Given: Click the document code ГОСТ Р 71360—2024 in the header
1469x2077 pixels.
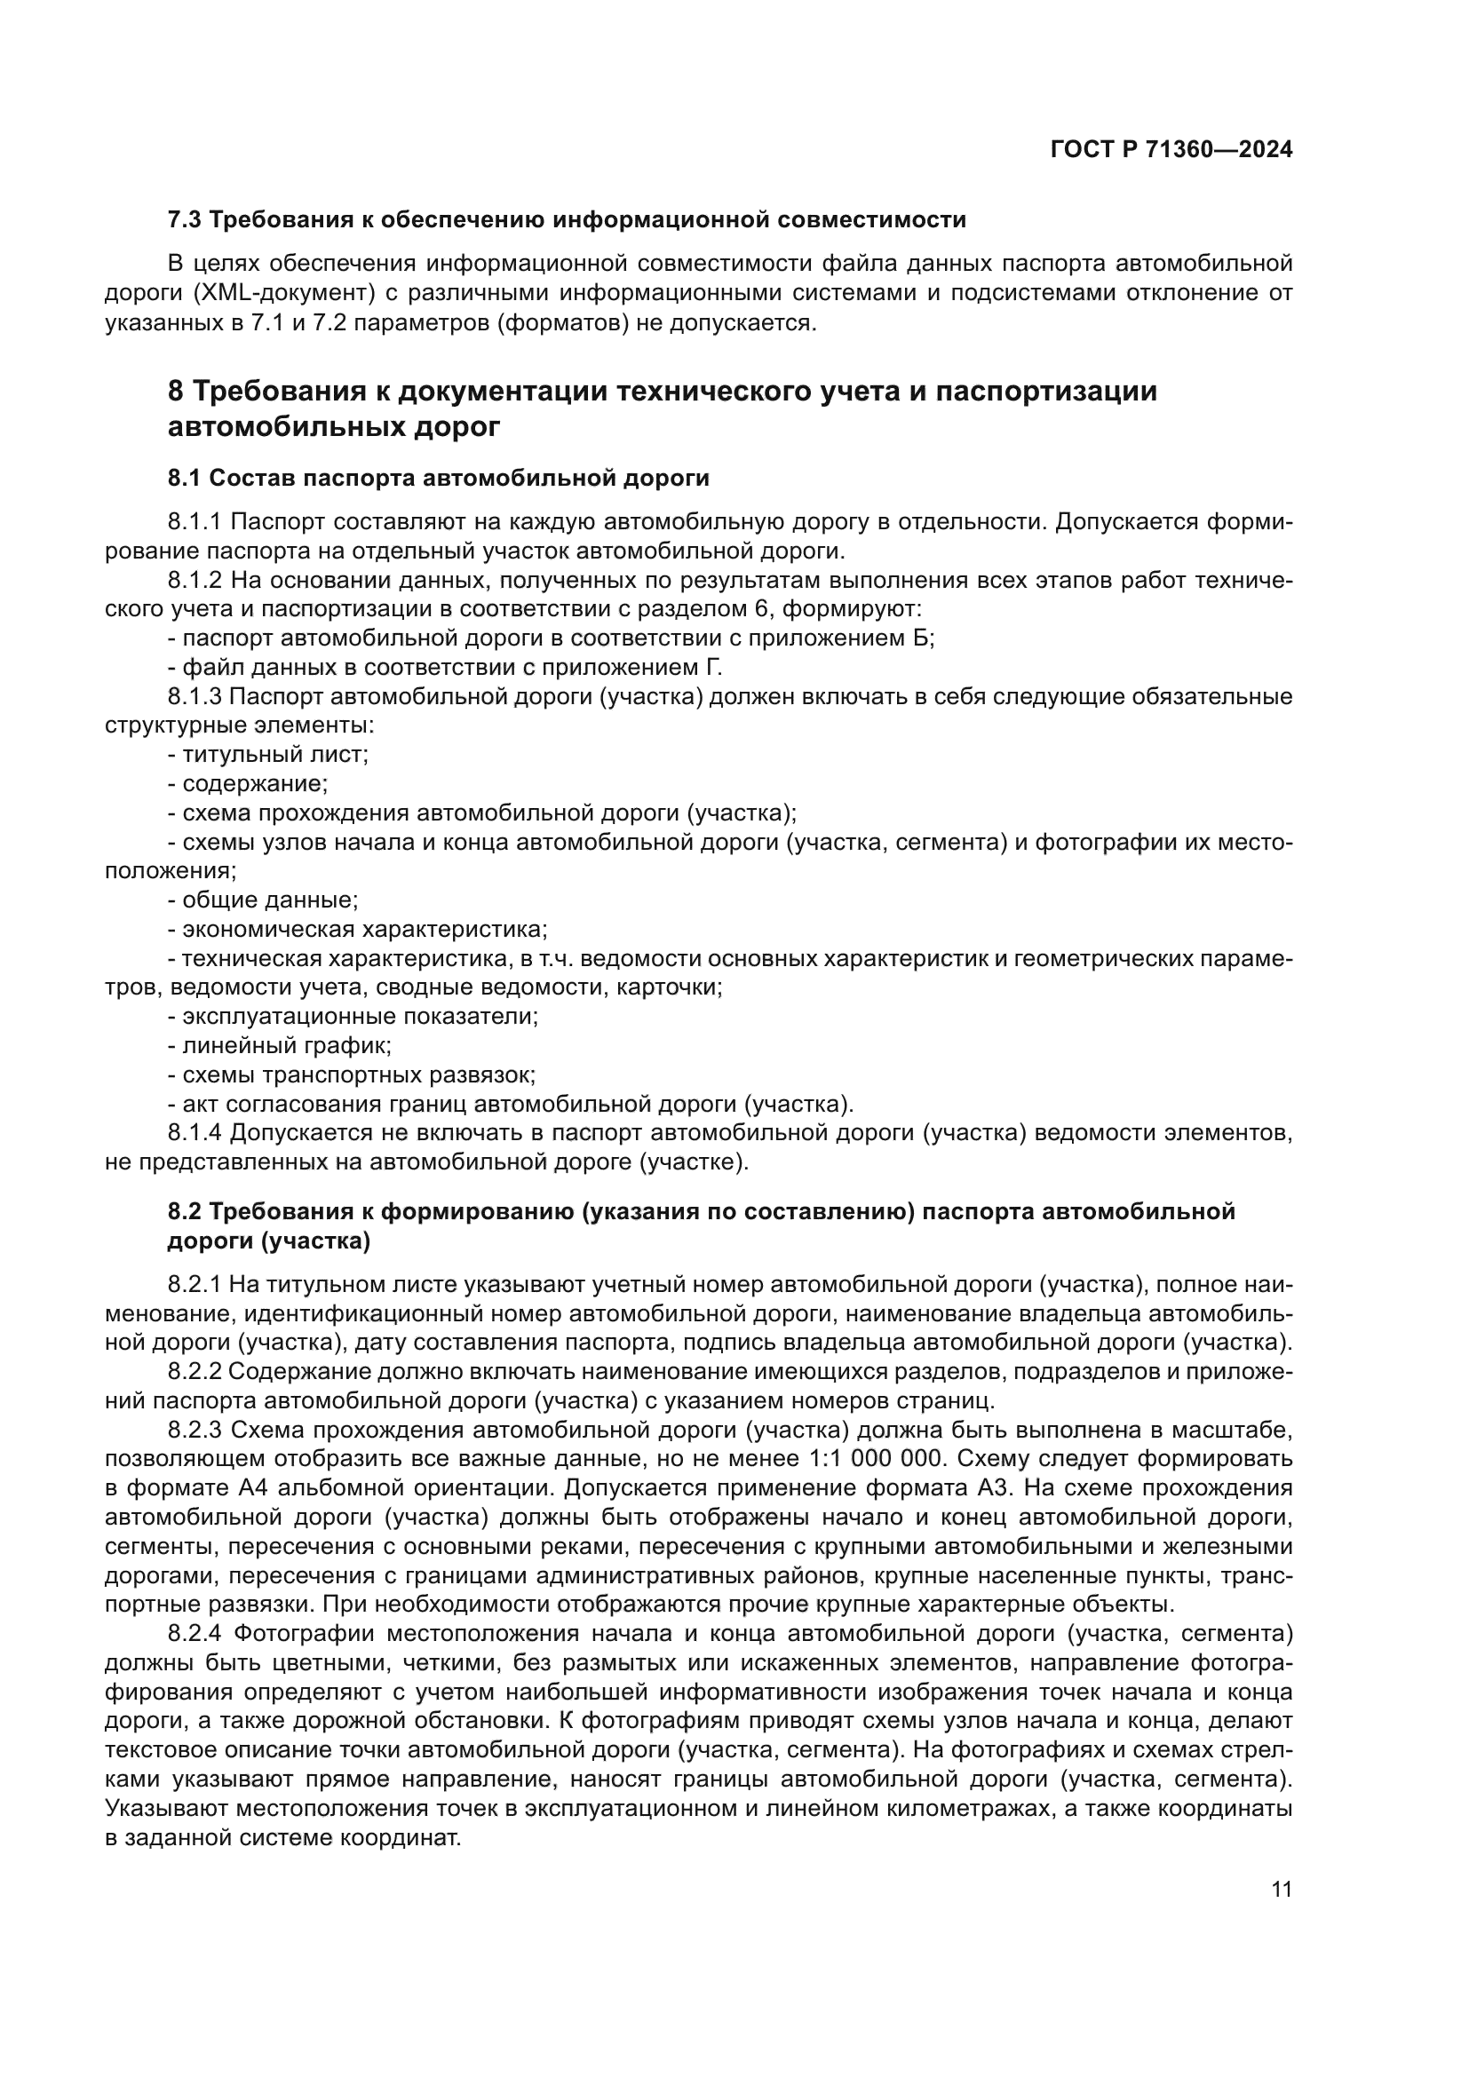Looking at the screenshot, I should point(1171,150).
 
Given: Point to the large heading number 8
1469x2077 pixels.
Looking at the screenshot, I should point(177,392).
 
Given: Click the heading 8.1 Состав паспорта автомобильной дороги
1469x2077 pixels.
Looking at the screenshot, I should point(438,478).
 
